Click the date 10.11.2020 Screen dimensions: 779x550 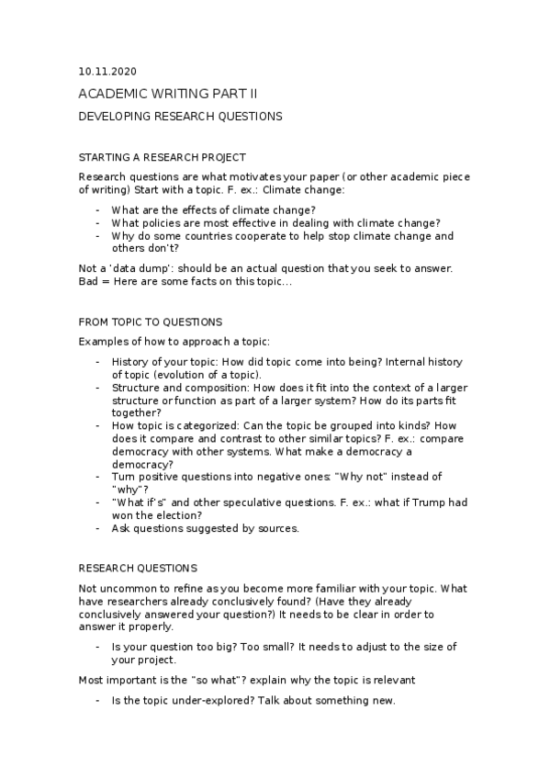tap(108, 71)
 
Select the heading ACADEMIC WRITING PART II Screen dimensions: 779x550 tap(168, 94)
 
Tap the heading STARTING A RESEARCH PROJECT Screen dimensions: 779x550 tap(163, 158)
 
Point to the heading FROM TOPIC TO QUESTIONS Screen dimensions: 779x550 tap(151, 322)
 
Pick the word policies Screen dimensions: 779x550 tap(160, 222)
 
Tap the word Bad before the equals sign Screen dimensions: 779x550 tap(90, 281)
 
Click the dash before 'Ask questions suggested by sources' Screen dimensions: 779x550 tap(97, 528)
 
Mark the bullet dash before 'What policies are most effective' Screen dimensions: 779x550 tap(97, 222)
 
